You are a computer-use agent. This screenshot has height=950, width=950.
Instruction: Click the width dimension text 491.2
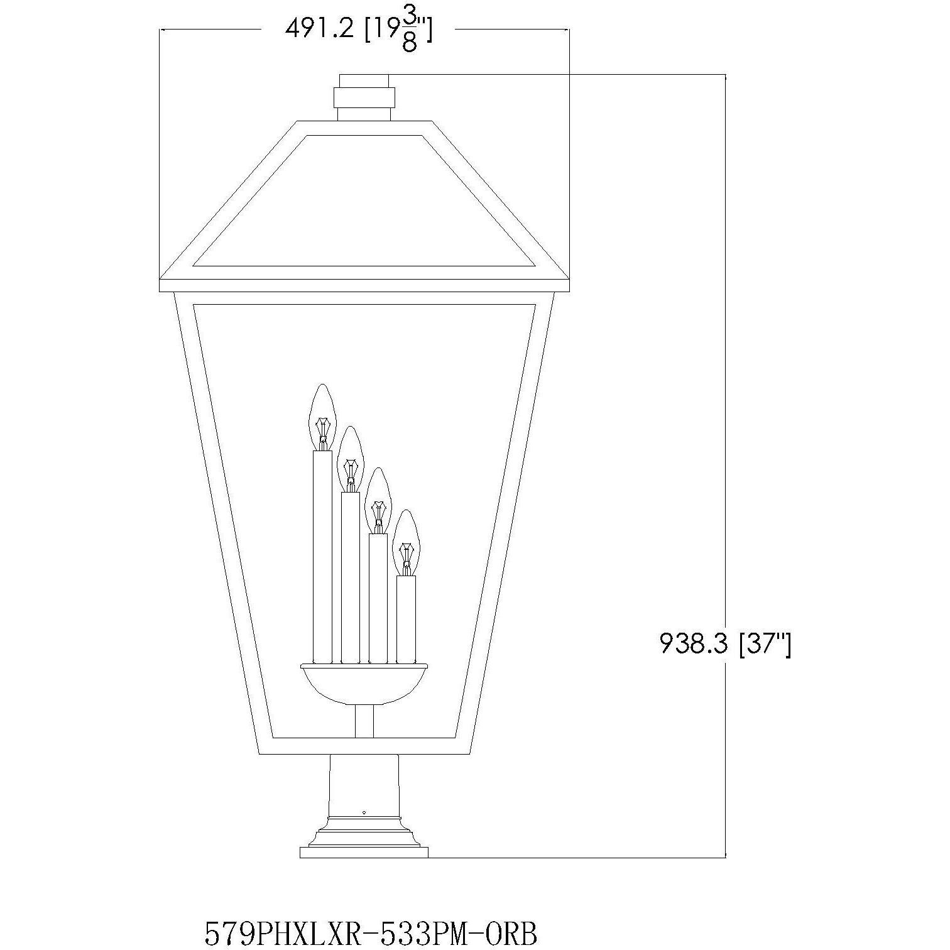319,29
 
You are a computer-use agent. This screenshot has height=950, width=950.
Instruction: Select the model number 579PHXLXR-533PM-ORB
371,933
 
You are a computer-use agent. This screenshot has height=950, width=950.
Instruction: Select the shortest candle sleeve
406,619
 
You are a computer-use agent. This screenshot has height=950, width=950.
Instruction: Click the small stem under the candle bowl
364,720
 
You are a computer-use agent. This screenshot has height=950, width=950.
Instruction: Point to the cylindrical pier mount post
364,785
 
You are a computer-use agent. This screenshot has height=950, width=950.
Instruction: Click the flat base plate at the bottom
364,852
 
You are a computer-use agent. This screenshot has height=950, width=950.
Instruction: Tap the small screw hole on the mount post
364,812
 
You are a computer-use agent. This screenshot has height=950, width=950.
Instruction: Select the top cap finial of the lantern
364,80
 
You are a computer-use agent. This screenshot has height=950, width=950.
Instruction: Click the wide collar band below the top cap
364,97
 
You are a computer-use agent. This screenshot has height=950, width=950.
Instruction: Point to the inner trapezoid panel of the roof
364,201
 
